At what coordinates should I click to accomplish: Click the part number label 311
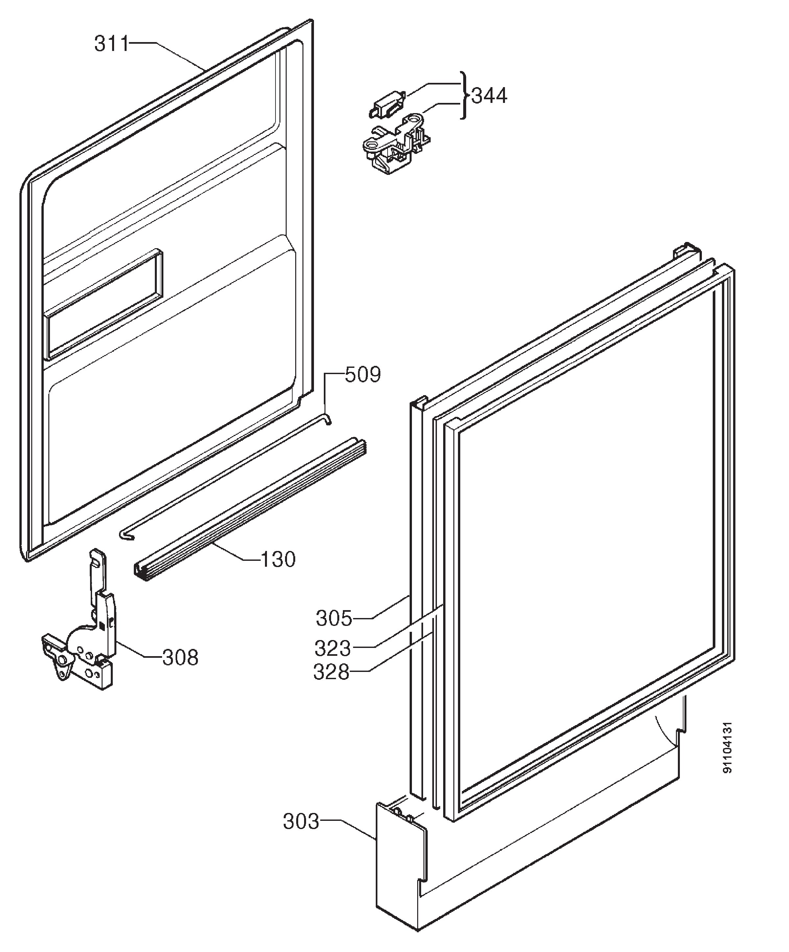tap(111, 44)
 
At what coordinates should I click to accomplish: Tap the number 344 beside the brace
tap(489, 96)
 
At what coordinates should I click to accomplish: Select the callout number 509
tap(363, 374)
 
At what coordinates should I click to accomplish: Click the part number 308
tap(180, 657)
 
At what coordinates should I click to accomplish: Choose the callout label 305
tap(334, 618)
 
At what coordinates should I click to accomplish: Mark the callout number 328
tap(331, 672)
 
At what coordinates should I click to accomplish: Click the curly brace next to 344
tap(464, 95)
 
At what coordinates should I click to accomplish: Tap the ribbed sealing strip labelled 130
tap(250, 510)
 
